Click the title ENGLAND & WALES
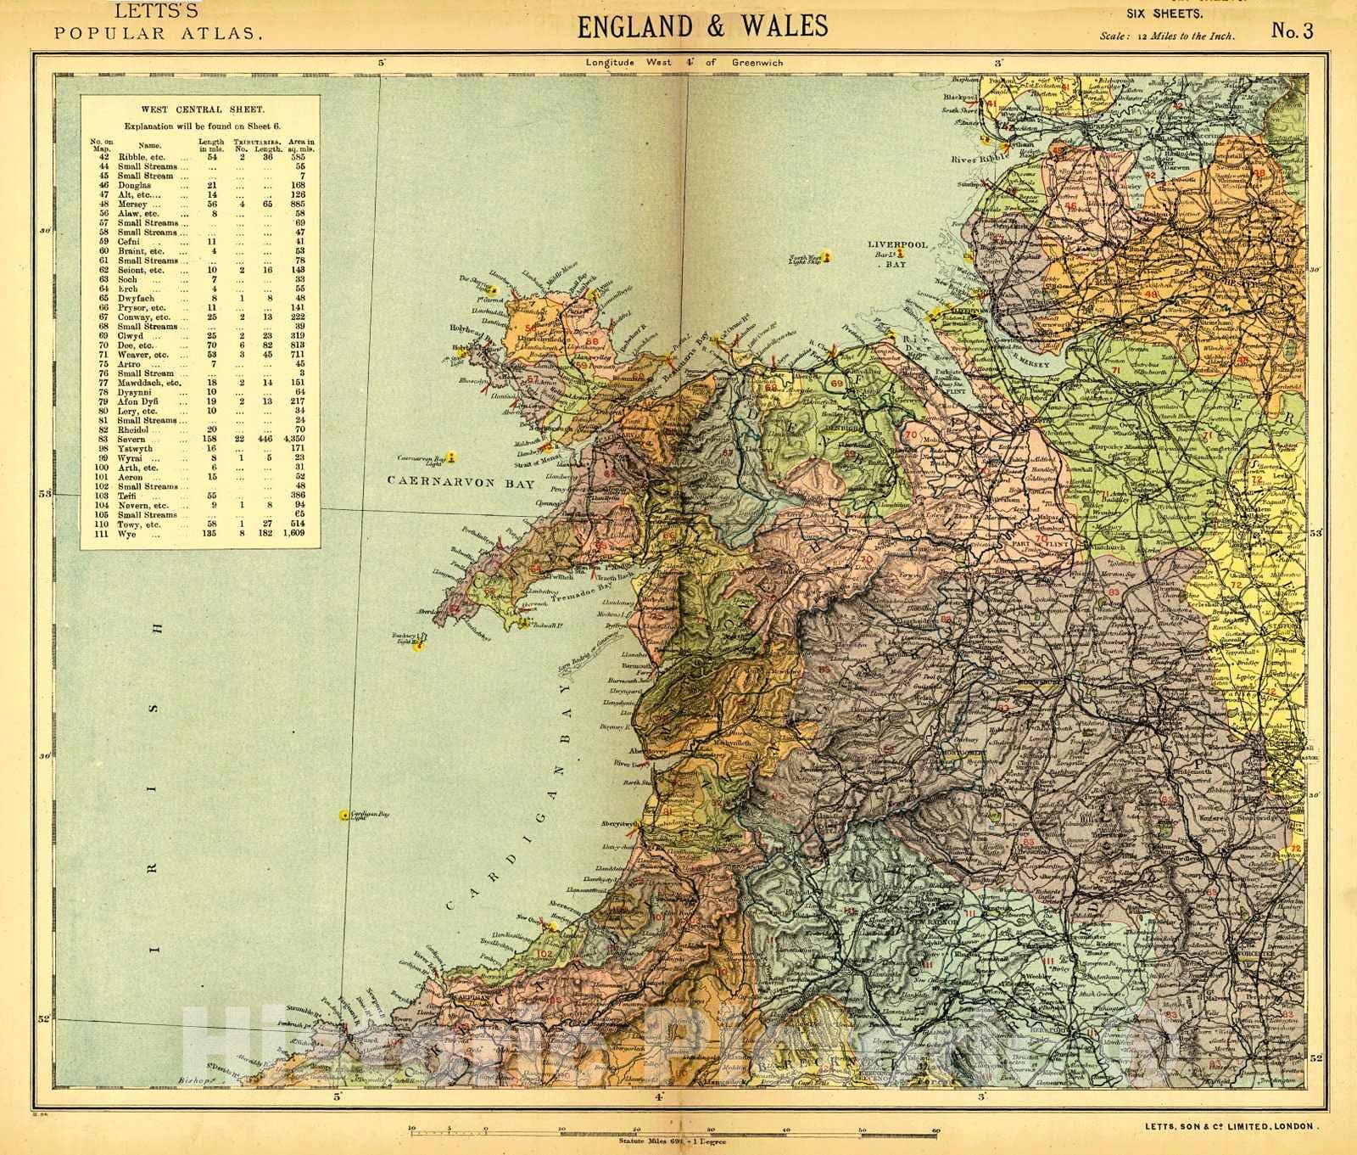click(x=702, y=25)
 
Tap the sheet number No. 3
click(x=1292, y=31)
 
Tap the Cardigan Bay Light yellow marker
click(x=343, y=816)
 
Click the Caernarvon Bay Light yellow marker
click(x=453, y=457)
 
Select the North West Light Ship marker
click(x=826, y=255)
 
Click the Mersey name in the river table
click(x=133, y=205)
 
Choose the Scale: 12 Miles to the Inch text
click(x=1167, y=36)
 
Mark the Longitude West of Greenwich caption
click(x=684, y=62)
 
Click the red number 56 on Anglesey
click(x=532, y=328)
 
